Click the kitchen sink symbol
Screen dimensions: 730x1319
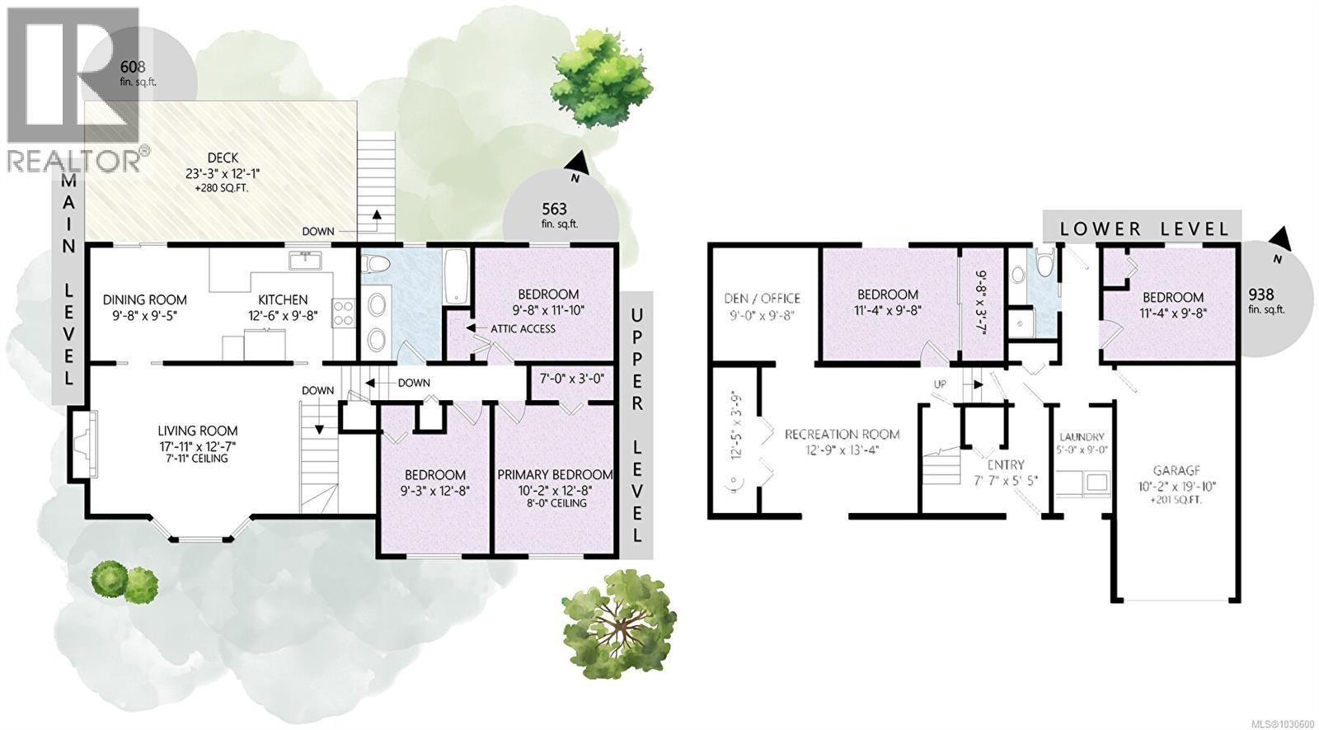tap(306, 261)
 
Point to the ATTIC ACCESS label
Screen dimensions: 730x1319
tap(523, 328)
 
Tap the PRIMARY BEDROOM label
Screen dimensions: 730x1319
tap(555, 474)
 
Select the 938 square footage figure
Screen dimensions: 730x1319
tap(1260, 294)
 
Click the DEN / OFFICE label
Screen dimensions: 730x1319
tap(762, 299)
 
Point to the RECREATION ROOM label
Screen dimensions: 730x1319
tap(842, 434)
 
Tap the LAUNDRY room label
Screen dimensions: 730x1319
tap(1082, 437)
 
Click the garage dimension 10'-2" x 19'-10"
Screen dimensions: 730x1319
tap(1175, 486)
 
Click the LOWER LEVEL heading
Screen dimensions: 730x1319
tap(1142, 229)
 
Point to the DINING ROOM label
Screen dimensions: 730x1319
tap(144, 300)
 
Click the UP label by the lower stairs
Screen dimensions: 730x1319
tap(940, 384)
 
